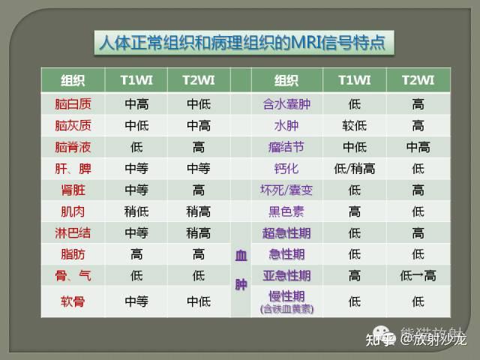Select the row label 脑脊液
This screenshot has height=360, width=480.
coord(73,147)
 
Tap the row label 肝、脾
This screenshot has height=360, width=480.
coord(73,168)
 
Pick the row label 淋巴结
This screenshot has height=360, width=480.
coord(73,232)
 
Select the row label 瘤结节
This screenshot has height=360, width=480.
coord(286,147)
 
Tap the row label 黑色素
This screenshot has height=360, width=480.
coord(286,211)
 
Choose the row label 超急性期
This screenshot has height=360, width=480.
coord(286,232)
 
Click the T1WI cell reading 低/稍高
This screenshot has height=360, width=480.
coord(355,168)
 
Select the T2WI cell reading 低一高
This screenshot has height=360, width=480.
coord(418,275)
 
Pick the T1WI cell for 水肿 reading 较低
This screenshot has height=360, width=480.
coord(355,125)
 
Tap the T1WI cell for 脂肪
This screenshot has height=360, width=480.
coord(136,254)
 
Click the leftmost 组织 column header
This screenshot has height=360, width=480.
coord(73,80)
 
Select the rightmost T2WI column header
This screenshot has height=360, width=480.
coord(418,80)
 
